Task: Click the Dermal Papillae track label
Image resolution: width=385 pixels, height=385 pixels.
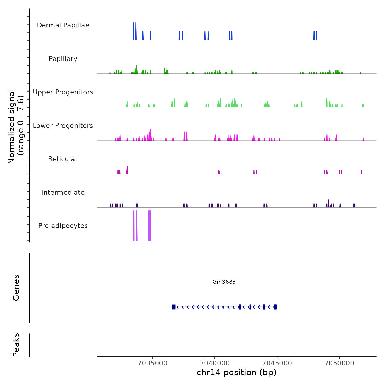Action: point(63,25)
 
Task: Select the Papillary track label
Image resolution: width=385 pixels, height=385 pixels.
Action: point(63,59)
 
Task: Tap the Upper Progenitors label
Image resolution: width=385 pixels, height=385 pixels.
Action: point(63,92)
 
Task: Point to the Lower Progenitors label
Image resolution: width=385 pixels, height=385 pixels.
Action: point(63,126)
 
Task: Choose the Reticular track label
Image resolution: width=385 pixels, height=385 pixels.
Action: point(63,159)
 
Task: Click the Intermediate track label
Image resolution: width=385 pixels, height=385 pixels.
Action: point(63,193)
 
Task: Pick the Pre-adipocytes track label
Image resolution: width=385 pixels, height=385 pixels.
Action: point(63,226)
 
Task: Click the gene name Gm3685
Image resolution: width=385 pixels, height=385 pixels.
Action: point(224,282)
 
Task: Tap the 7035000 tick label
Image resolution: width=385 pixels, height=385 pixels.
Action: point(153,363)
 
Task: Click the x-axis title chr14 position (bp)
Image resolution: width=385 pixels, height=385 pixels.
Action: point(237,372)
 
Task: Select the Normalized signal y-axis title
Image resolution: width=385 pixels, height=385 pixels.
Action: point(16,126)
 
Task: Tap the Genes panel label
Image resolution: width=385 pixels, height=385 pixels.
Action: point(16,288)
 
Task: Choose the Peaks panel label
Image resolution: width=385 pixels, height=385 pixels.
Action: point(16,345)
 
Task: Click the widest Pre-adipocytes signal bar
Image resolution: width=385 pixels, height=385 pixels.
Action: point(150,226)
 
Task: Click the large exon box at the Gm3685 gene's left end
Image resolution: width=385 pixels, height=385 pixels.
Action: point(174,307)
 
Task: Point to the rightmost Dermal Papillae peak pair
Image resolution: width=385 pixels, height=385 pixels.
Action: point(315,36)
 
